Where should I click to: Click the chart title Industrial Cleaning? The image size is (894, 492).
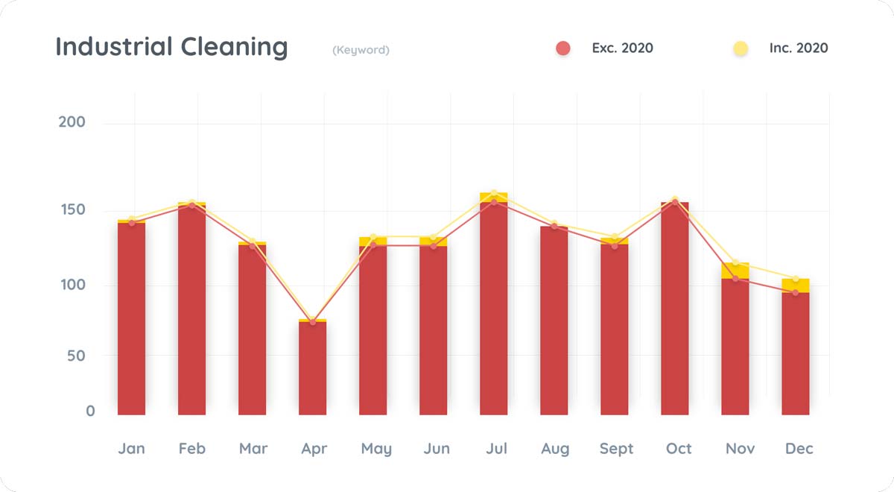171,48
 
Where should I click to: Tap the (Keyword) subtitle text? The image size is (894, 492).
361,50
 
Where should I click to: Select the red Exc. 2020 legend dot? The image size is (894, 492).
563,48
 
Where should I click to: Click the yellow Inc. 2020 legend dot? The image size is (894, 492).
741,48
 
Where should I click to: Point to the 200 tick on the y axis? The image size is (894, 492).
72,122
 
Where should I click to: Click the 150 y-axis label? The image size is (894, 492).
72,209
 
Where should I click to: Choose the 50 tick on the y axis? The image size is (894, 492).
76,356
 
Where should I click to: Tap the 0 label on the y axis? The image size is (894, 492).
90,411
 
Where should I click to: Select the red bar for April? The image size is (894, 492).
313,369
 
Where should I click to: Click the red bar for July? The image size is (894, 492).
494,309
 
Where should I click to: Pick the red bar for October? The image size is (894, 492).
675,309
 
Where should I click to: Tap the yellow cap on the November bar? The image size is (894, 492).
735,271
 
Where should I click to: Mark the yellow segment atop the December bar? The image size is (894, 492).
796,286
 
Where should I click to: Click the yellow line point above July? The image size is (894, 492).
494,193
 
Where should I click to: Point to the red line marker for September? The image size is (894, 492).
615,246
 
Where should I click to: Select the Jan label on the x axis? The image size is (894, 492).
132,449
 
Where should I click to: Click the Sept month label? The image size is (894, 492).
616,449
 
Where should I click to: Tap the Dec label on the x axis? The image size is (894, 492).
799,449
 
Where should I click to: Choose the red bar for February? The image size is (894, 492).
192,309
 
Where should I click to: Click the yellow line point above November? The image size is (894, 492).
735,262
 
